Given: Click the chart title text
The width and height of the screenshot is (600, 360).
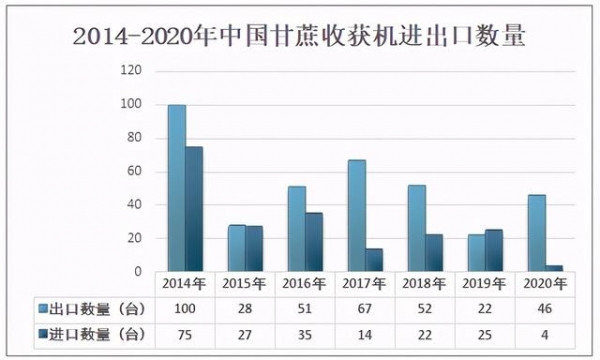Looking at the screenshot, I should pyautogui.click(x=300, y=38).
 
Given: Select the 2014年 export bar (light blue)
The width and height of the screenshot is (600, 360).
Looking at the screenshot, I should pyautogui.click(x=176, y=188).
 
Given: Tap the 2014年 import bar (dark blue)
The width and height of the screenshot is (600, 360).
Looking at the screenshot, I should pyautogui.click(x=194, y=209).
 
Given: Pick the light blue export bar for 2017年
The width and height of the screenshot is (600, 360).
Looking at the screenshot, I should pyautogui.click(x=356, y=215).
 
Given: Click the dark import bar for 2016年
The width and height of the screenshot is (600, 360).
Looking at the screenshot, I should pyautogui.click(x=314, y=242).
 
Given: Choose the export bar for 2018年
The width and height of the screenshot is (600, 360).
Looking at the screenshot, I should pyautogui.click(x=416, y=228).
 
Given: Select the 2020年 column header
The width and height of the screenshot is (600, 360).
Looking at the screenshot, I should pyautogui.click(x=544, y=284).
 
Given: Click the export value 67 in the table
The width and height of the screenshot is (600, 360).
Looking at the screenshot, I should pyautogui.click(x=365, y=309).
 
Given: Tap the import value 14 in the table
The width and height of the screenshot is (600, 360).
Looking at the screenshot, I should pyautogui.click(x=365, y=333).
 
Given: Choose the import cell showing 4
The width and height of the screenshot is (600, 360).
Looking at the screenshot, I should pyautogui.click(x=544, y=333).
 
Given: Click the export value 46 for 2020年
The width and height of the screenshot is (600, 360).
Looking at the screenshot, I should pyautogui.click(x=544, y=309).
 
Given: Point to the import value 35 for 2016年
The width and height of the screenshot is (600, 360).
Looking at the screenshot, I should pyautogui.click(x=305, y=333).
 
